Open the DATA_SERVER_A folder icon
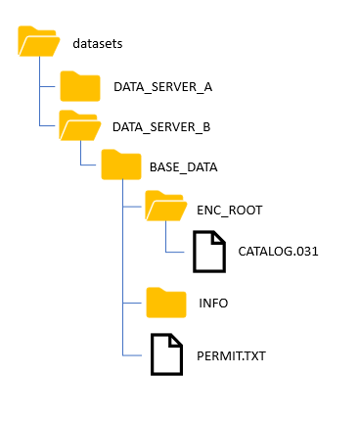coord(80,86)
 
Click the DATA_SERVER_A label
coord(162,87)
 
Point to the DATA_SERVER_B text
coord(162,127)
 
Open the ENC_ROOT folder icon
coord(165,208)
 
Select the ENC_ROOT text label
coord(229,210)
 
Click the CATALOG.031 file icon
coord(207,252)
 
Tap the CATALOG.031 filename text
coord(277,252)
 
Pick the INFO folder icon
coord(165,303)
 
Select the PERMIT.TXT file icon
coord(165,354)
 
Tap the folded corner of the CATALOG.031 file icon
coord(218,237)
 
